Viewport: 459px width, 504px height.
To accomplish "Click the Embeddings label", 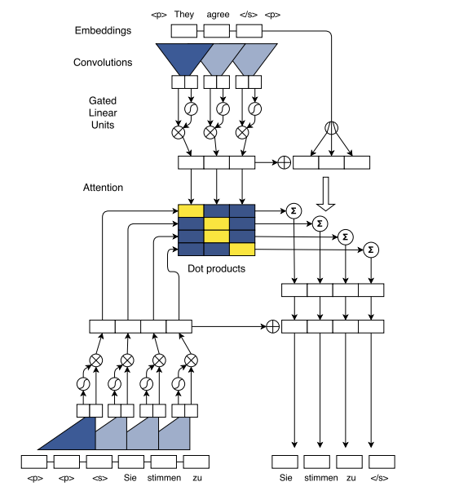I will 103,31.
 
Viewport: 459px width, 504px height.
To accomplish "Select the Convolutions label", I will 103,63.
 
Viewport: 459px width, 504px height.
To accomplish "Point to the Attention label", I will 104,188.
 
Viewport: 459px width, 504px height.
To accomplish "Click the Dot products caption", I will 216,268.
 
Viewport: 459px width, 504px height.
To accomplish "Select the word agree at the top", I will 217,14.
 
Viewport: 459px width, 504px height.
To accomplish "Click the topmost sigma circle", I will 293,210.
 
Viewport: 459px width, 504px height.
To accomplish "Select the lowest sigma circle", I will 371,249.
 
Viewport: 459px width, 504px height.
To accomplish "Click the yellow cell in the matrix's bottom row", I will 242,249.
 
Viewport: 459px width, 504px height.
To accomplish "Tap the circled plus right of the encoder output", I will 284,162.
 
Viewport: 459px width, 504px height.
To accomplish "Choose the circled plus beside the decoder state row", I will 272,326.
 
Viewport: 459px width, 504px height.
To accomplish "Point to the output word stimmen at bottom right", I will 320,478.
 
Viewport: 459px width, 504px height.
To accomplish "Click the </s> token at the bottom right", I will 381,478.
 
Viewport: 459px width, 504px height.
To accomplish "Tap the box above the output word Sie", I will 285,462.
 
